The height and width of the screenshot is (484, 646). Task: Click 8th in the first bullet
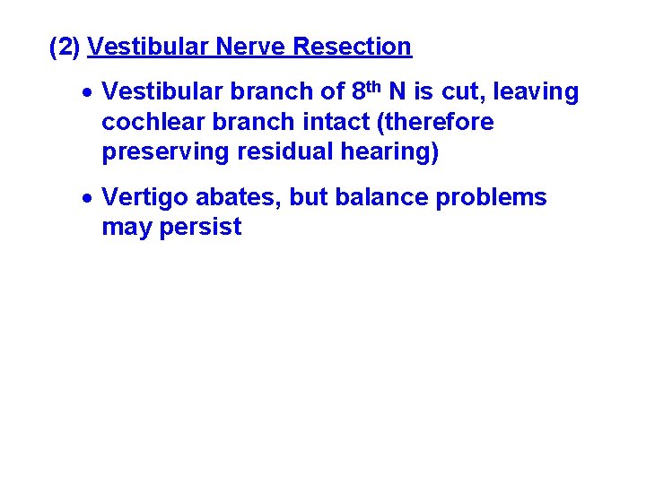point(365,91)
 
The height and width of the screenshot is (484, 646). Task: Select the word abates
point(246,197)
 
